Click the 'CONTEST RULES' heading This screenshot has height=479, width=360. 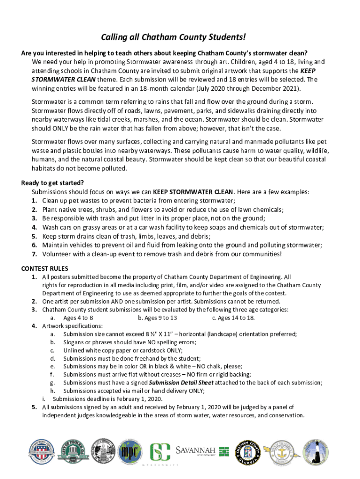point(45,269)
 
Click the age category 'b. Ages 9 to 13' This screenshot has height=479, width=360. point(158,318)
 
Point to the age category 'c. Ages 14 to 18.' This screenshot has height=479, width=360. point(233,318)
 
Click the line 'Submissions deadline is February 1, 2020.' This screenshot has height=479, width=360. point(108,399)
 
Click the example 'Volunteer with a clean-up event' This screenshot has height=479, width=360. point(162,254)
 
